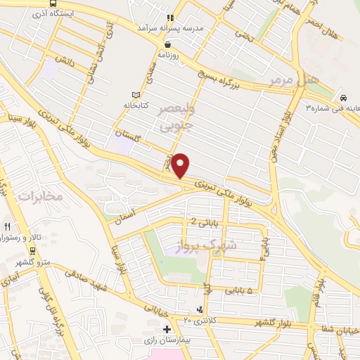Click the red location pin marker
click(181, 165)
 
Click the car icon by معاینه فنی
click(342, 98)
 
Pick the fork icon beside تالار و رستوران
click(7, 227)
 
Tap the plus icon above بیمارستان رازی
click(167, 329)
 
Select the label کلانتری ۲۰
click(197, 320)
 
